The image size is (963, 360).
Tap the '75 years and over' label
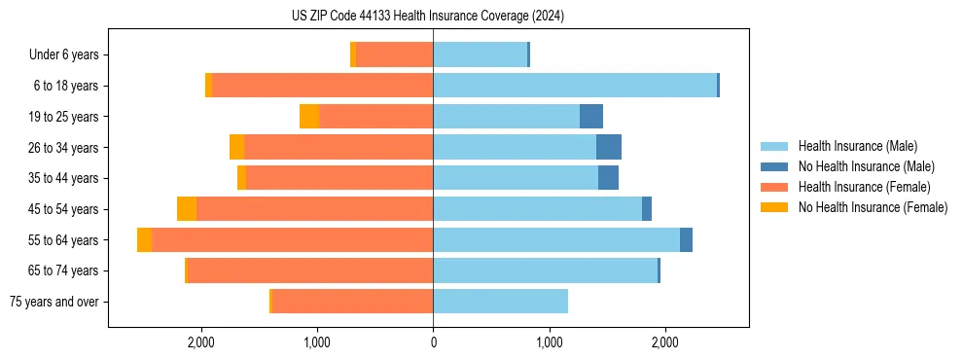(x=53, y=302)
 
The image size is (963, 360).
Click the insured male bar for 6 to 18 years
(x=575, y=86)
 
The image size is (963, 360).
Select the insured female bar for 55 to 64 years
(x=292, y=240)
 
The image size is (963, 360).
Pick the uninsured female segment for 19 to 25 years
(x=309, y=117)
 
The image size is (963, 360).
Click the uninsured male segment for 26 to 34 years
(x=609, y=148)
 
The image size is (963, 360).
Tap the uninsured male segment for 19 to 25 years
(x=591, y=117)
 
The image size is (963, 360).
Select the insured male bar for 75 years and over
(x=500, y=302)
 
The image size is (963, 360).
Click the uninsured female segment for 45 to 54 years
(x=187, y=209)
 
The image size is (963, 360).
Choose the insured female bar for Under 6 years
(x=394, y=55)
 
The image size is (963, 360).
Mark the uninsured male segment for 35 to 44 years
(x=608, y=178)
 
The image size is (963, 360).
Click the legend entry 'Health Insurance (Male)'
(x=857, y=146)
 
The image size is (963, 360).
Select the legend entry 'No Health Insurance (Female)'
(x=873, y=207)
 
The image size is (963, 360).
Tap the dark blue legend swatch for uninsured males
(x=774, y=166)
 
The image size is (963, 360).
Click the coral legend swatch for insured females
(x=774, y=187)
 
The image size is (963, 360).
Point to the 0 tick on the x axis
(x=433, y=342)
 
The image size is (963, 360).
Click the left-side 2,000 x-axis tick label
(x=201, y=342)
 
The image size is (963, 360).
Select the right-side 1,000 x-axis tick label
(x=549, y=342)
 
